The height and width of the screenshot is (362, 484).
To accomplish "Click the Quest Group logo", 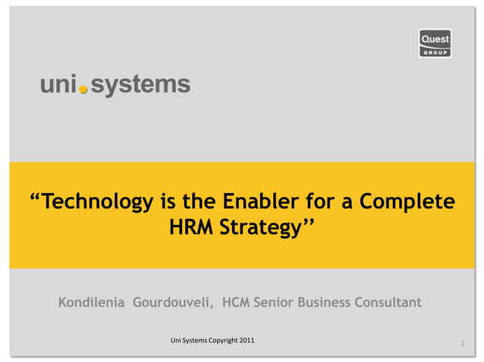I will (435, 43).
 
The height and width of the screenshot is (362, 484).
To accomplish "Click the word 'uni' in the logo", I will (58, 84).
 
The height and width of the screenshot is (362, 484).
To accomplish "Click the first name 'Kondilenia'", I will (91, 303).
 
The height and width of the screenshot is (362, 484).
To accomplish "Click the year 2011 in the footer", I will (246, 340).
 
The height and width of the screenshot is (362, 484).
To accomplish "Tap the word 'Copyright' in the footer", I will (218, 340).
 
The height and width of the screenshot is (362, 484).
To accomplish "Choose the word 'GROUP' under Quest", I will (435, 53).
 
